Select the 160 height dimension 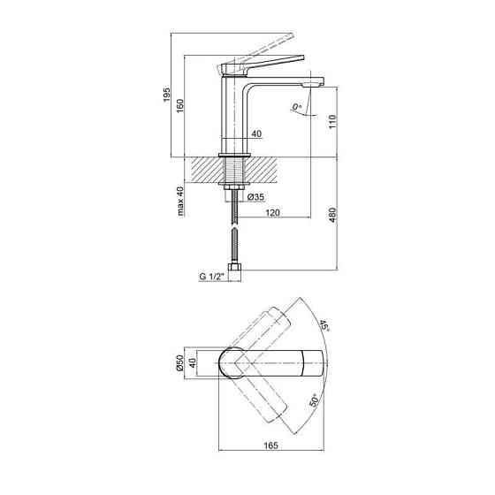pos(181,104)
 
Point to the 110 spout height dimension pos(332,122)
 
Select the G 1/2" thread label pos(212,277)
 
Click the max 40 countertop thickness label pos(180,202)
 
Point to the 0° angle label pos(297,109)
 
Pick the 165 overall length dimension pos(272,444)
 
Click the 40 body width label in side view pos(257,134)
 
